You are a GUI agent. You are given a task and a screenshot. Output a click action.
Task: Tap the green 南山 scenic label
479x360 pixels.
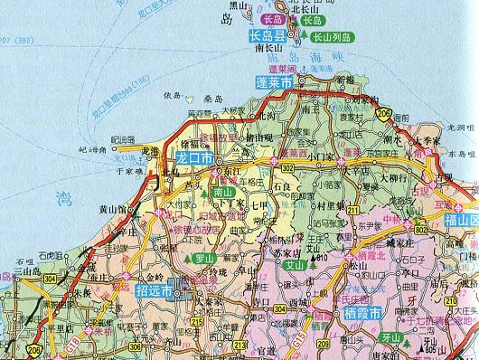223,193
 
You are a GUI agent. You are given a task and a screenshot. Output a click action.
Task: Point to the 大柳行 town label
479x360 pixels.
393,178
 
